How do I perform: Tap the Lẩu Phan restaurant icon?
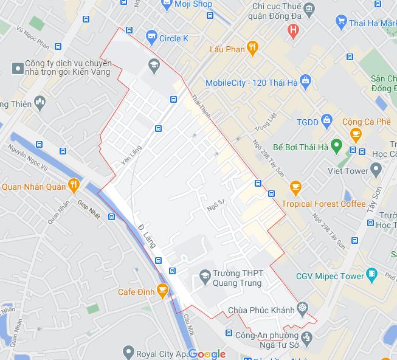coord(253,49)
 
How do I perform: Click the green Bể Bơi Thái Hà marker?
coord(336,147)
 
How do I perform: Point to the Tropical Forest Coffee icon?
coord(295,186)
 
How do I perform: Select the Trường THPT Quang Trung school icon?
coord(205,278)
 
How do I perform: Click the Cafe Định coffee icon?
coord(162,292)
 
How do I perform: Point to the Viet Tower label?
coord(348,171)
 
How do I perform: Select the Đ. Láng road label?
coord(147,235)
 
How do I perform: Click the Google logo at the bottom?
coord(207,354)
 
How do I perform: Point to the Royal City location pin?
coord(128,351)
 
